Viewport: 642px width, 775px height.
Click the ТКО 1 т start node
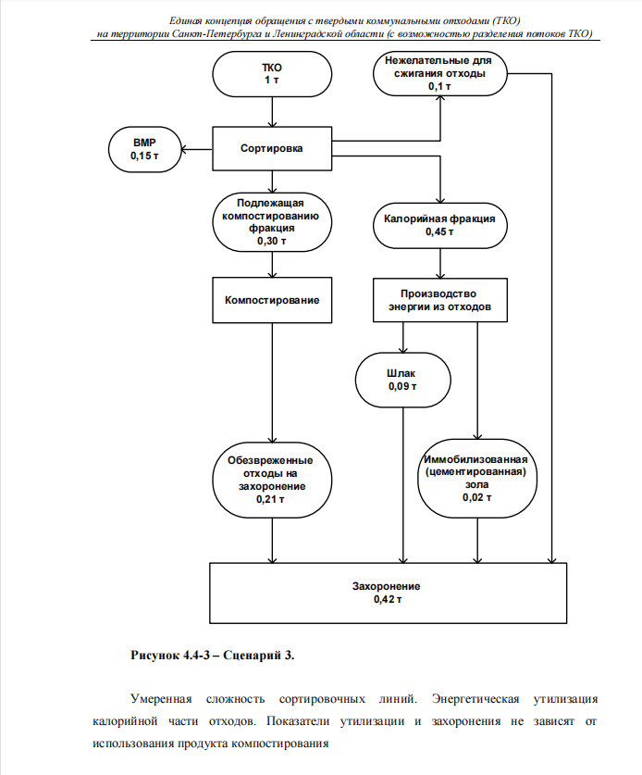[x=272, y=74]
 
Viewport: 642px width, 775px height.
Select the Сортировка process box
[x=272, y=148]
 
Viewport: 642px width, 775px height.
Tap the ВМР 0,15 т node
[x=144, y=149]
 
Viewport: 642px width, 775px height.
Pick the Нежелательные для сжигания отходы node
[x=439, y=74]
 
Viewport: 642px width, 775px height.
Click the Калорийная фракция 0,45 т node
[x=439, y=225]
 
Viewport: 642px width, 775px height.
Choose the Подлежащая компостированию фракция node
[x=272, y=222]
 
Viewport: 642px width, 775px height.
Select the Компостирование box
[x=272, y=300]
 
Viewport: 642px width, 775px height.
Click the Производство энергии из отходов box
[x=439, y=300]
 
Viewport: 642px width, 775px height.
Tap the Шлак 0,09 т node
[x=403, y=380]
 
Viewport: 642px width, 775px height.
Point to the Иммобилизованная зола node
[x=477, y=479]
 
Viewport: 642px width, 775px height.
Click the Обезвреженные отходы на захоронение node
[x=272, y=480]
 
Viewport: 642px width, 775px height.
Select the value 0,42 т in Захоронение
[x=388, y=600]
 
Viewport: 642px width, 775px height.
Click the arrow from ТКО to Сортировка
[x=272, y=112]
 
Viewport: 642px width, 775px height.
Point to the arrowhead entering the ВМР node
[x=184, y=149]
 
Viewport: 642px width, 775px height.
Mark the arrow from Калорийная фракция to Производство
[x=440, y=263]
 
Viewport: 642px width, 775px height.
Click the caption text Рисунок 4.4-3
[x=170, y=656]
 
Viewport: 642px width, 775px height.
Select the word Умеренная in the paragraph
[x=161, y=699]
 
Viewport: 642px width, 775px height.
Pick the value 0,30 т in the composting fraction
[x=272, y=241]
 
